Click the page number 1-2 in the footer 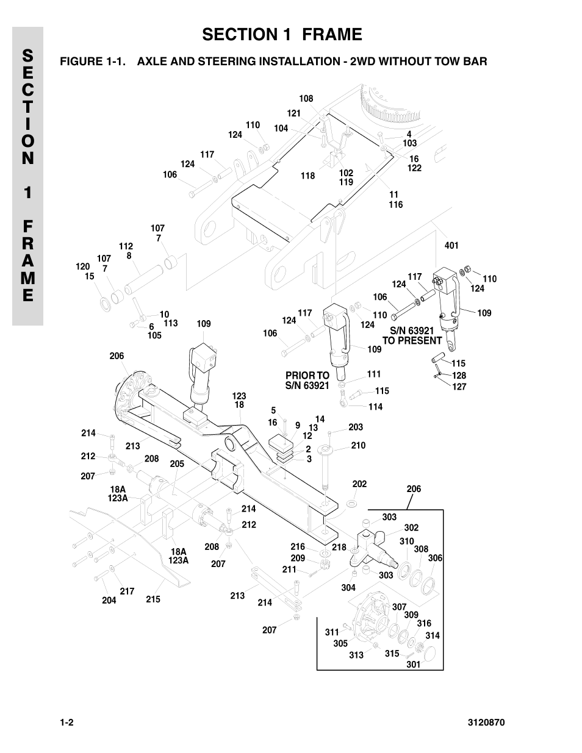coord(66,723)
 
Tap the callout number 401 coord(451,246)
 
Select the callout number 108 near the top coord(306,99)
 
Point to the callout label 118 coord(307,176)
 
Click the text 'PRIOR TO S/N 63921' coord(307,380)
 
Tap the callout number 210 coord(358,446)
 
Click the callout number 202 coord(359,484)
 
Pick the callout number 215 coord(153,599)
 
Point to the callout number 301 coord(414,664)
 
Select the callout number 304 coord(348,588)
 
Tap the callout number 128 coord(459,376)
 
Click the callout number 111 coord(373,374)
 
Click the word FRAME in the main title coord(326,35)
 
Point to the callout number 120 coord(82,266)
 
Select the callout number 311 coord(331,632)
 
